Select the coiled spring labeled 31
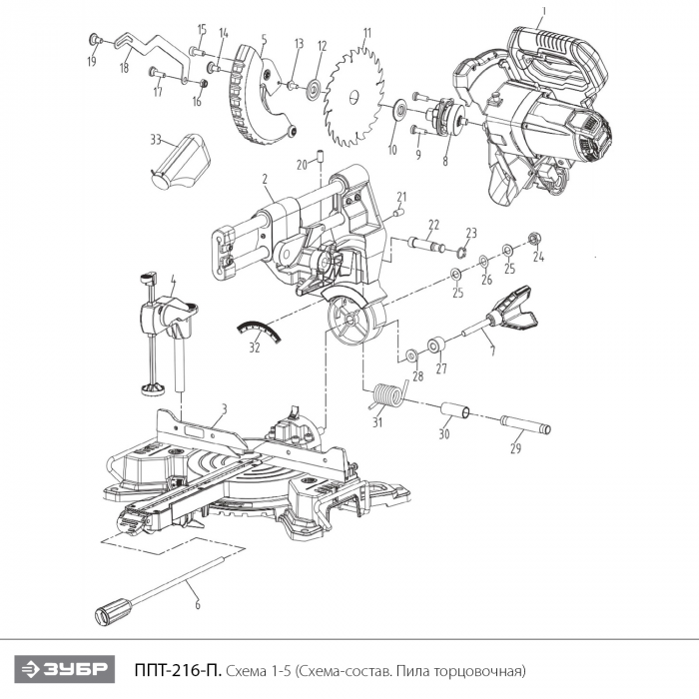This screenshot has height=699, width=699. pos(384,397)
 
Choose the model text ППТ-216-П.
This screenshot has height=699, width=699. pos(177,668)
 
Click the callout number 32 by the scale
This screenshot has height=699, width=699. pos(255,348)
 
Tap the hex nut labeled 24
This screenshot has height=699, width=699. pos(533,238)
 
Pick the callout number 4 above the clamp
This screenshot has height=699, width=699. pos(173,279)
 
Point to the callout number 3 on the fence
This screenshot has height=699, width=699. pos(225,407)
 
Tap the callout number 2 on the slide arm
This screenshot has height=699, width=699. pos(267,181)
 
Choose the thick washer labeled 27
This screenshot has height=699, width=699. pos(436,346)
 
